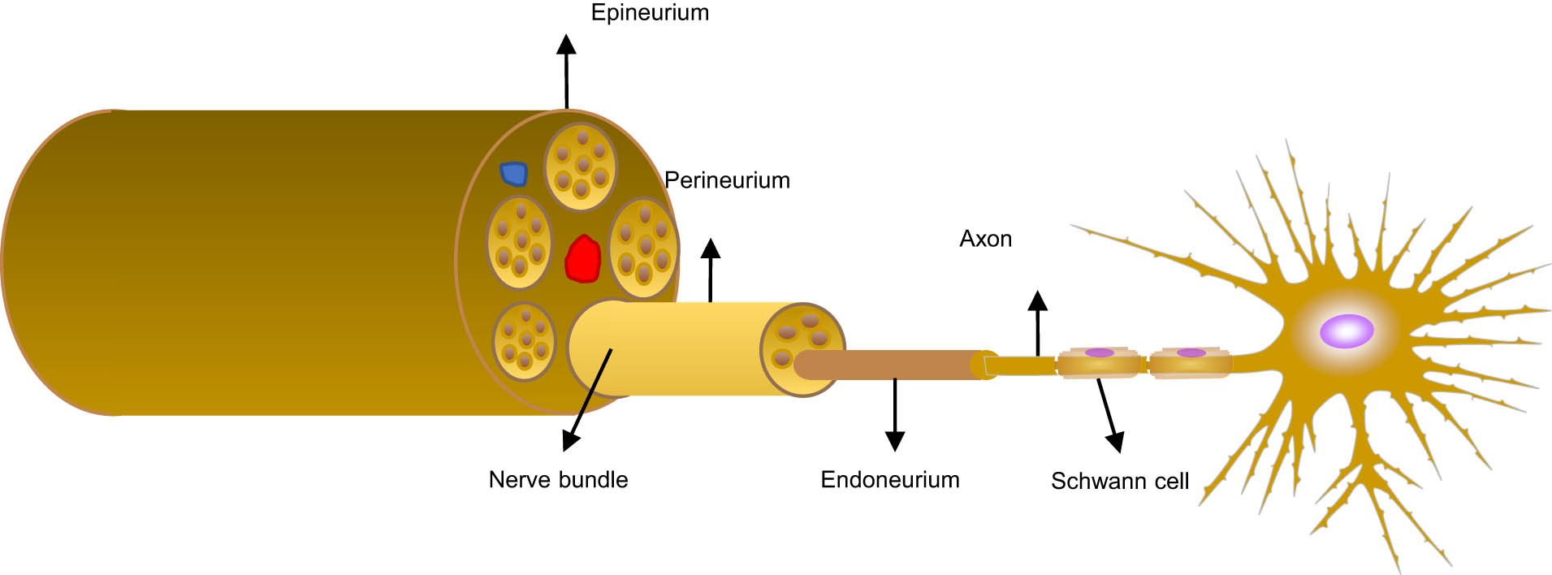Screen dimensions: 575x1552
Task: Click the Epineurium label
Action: [x=650, y=13]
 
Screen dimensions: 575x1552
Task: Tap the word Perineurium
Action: [x=727, y=180]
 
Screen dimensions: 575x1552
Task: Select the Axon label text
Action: [x=985, y=239]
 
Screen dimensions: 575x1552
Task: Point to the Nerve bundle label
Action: [x=558, y=480]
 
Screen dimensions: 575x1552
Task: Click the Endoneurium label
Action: [x=890, y=480]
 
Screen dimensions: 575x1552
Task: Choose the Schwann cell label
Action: [x=1119, y=482]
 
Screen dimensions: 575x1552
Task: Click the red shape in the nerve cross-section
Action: [x=582, y=259]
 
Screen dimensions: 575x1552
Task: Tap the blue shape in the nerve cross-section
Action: [x=513, y=173]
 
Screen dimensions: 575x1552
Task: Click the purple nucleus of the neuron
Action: [x=1346, y=331]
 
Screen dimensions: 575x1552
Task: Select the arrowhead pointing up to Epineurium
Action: [x=566, y=44]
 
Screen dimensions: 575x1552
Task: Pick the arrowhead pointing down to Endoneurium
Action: [x=895, y=441]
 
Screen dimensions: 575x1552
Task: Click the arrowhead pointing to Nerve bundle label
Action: [x=570, y=441]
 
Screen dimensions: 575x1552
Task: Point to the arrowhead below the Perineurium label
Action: [x=711, y=248]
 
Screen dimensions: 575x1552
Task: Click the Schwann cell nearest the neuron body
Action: [x=1190, y=362]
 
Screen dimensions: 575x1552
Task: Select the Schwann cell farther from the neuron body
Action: [x=1098, y=362]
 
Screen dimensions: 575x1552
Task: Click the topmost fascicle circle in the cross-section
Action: [x=580, y=166]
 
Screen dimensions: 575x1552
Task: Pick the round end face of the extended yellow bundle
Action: [x=802, y=349]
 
